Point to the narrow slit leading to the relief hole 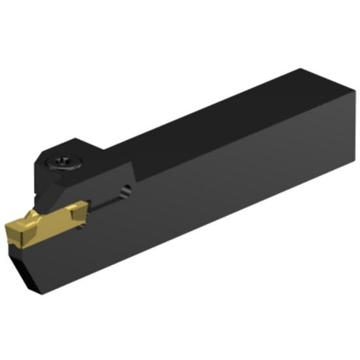[x=105, y=201]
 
